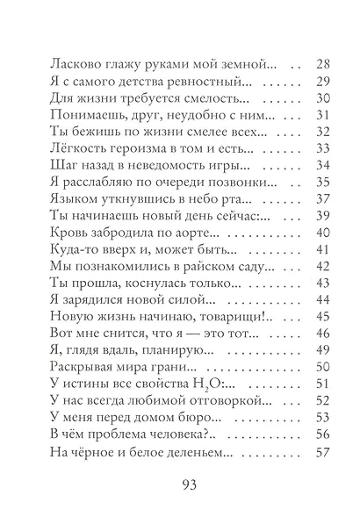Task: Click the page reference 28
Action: click(320, 65)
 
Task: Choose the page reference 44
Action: click(320, 300)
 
